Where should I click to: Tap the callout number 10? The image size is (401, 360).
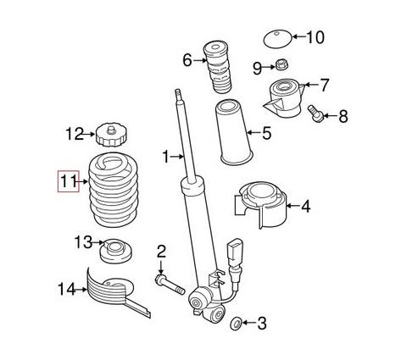[315, 37]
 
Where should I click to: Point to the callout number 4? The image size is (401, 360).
[304, 205]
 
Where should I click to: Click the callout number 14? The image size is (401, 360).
[66, 290]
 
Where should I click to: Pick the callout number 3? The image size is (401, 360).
[261, 323]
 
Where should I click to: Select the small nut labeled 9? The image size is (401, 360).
[282, 65]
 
